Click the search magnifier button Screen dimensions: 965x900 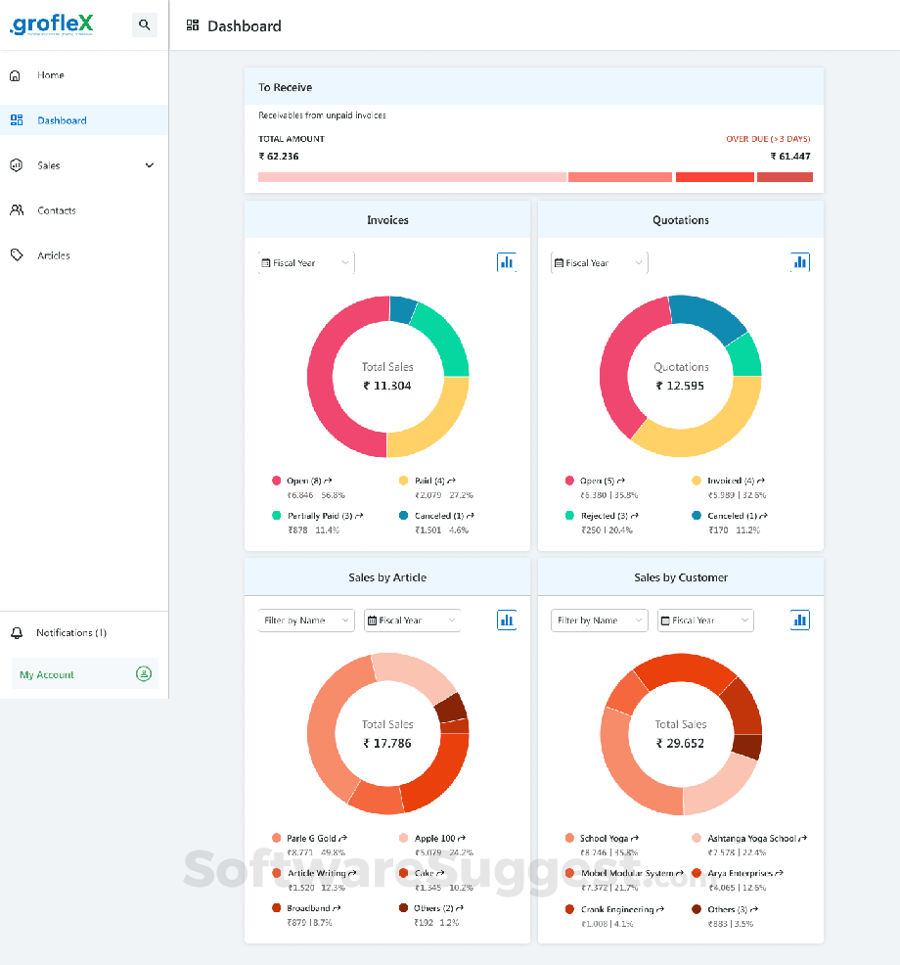(145, 25)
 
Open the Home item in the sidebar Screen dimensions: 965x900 (51, 75)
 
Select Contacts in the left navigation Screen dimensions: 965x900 (56, 210)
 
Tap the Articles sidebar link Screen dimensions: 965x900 (54, 255)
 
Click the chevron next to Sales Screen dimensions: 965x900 (150, 165)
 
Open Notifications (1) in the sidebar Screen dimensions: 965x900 (71, 633)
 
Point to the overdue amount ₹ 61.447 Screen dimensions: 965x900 (789, 157)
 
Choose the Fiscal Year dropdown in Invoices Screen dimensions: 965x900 (306, 263)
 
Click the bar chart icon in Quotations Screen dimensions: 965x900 (800, 262)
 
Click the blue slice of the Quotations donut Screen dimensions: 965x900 (707, 317)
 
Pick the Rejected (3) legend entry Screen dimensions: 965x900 (607, 516)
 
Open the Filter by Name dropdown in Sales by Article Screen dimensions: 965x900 (306, 620)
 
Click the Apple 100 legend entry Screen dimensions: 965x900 (434, 839)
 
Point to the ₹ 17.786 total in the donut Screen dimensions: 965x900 (387, 743)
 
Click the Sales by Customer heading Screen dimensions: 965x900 (681, 577)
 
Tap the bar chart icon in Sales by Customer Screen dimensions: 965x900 (800, 620)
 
